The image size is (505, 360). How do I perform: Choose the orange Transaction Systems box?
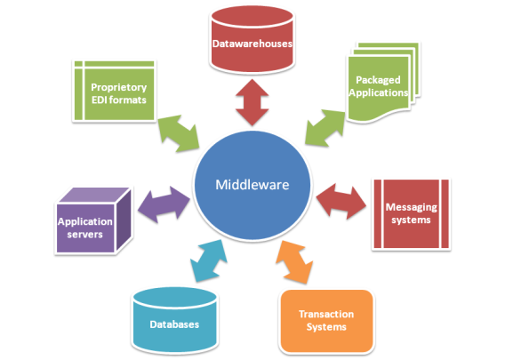(325, 321)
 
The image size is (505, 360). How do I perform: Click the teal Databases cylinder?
(174, 320)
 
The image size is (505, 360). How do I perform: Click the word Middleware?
(252, 185)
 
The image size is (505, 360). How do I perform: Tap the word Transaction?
(325, 315)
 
